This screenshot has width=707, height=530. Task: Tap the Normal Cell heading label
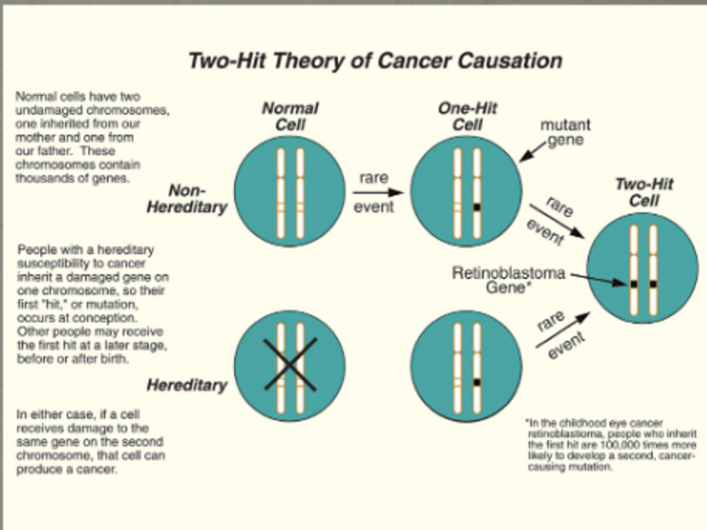290,116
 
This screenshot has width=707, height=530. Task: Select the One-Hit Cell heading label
467,116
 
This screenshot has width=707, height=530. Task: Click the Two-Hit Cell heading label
644,192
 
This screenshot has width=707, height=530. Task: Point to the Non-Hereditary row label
187,199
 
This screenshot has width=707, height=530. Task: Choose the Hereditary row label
187,385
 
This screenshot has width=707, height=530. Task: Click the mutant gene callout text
565,132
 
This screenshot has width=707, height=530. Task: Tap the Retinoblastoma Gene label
509,280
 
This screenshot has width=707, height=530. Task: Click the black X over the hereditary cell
290,364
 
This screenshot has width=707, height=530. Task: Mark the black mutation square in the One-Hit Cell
477,208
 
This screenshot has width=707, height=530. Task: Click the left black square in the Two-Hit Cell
634,284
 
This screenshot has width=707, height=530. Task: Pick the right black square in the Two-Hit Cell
653,284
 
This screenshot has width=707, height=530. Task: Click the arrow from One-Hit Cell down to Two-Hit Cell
557,221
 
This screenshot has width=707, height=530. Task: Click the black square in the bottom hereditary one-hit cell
477,382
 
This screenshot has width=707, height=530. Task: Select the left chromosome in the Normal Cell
281,193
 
